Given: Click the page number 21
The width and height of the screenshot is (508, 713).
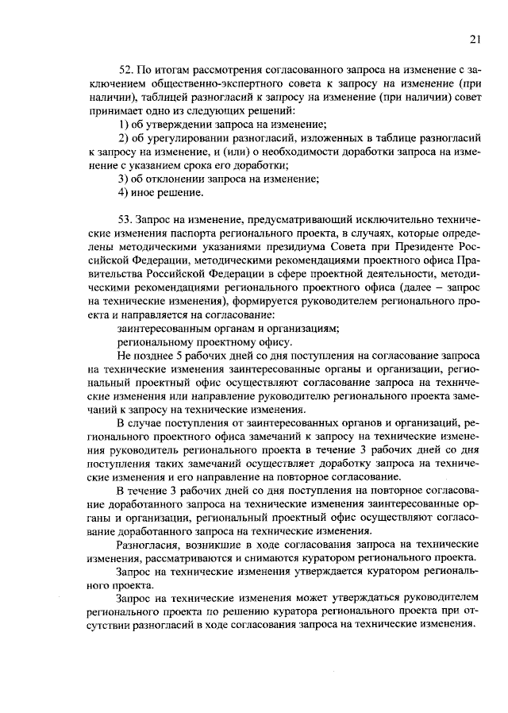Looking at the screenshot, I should (x=474, y=39).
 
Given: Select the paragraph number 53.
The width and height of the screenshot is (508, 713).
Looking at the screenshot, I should (x=124, y=217).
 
